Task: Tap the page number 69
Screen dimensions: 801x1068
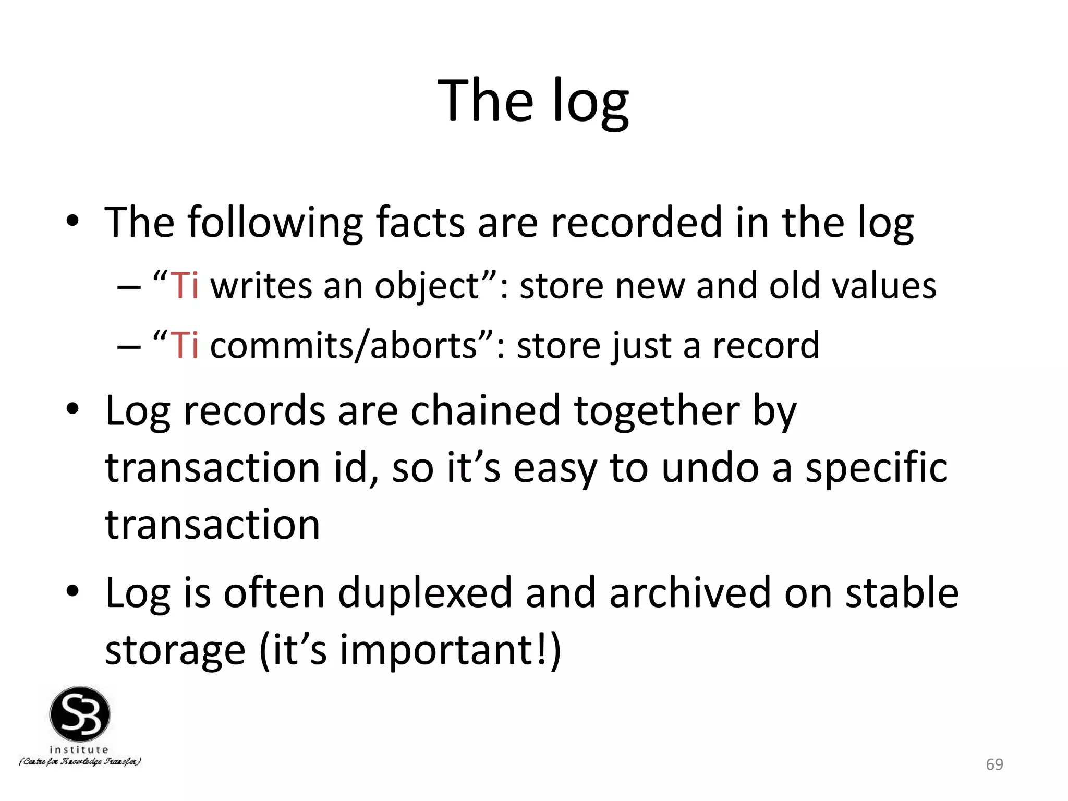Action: [994, 764]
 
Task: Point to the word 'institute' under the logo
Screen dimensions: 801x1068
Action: [79, 749]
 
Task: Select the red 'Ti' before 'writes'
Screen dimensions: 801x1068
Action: [184, 286]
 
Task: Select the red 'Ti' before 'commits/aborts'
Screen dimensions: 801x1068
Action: [184, 345]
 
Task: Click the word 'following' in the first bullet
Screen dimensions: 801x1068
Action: [274, 223]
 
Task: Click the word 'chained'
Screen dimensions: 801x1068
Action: [486, 411]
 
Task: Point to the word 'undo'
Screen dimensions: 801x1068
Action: [710, 467]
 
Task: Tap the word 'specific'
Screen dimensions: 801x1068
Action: [876, 468]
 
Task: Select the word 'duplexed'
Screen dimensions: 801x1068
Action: [424, 593]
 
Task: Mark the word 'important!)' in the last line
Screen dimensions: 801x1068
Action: [451, 650]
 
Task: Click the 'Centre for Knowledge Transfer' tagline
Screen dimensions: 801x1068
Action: [80, 762]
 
